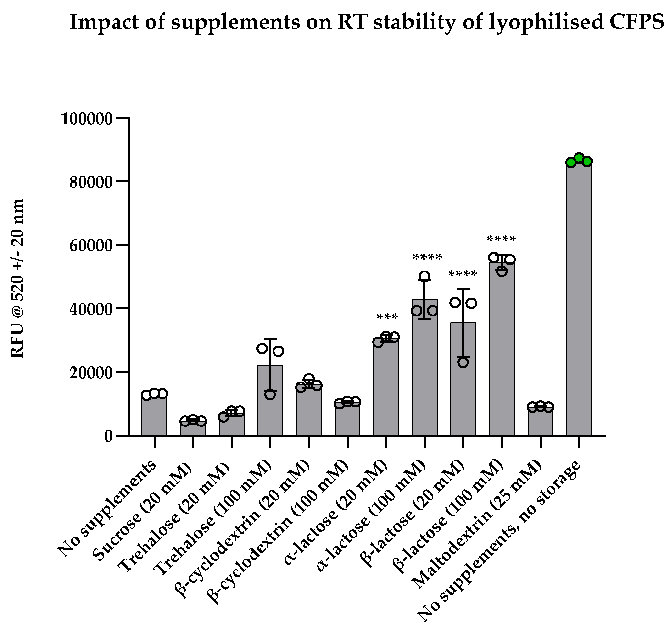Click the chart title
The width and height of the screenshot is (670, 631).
point(366,22)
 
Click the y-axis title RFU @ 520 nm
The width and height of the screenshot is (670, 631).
point(17,278)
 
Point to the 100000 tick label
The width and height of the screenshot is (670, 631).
point(86,119)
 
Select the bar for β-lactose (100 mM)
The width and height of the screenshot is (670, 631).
point(501,350)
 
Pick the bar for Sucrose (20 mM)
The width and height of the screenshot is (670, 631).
point(193,428)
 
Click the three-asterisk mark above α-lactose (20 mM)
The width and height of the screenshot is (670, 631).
point(387,317)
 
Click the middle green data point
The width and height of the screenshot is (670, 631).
point(579,158)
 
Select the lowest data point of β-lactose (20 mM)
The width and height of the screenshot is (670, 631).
point(463,363)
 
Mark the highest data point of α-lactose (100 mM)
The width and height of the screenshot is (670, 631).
point(425,276)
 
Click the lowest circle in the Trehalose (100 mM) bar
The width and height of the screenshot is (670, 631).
point(270,394)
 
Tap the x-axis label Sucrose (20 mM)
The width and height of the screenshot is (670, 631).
point(141,514)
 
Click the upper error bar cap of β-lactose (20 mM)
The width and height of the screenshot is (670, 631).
point(463,289)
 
